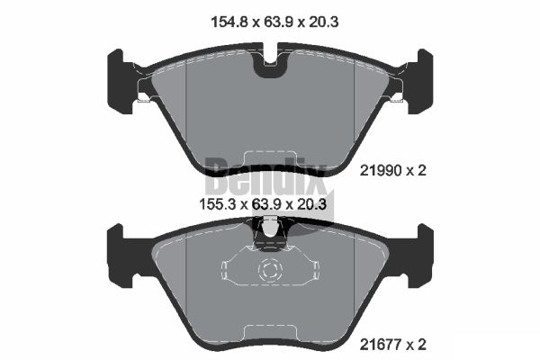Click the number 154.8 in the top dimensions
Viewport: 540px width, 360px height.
pos(220,22)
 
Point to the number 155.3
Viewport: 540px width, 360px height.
pos(220,205)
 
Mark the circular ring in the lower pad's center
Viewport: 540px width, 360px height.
pos(270,270)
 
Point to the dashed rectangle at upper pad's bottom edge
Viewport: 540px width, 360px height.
pos(270,157)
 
